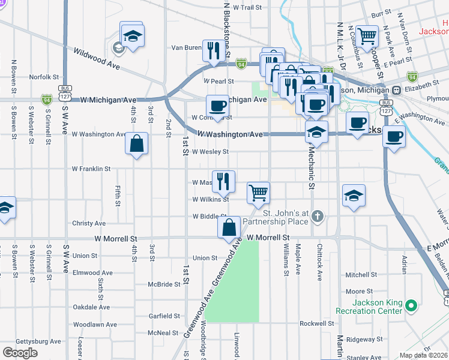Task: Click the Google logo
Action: (x=20, y=353)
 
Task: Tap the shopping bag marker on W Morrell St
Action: (x=229, y=229)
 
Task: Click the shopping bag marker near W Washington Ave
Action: (x=137, y=145)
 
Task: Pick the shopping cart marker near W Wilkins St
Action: (x=258, y=193)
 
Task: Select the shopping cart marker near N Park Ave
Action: (x=367, y=35)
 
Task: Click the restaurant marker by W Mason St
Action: (x=223, y=181)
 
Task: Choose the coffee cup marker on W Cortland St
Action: (x=217, y=107)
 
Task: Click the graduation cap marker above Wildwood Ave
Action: (x=132, y=34)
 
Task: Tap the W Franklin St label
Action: (x=91, y=169)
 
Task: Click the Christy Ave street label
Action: (x=88, y=223)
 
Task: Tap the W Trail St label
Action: (x=248, y=8)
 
